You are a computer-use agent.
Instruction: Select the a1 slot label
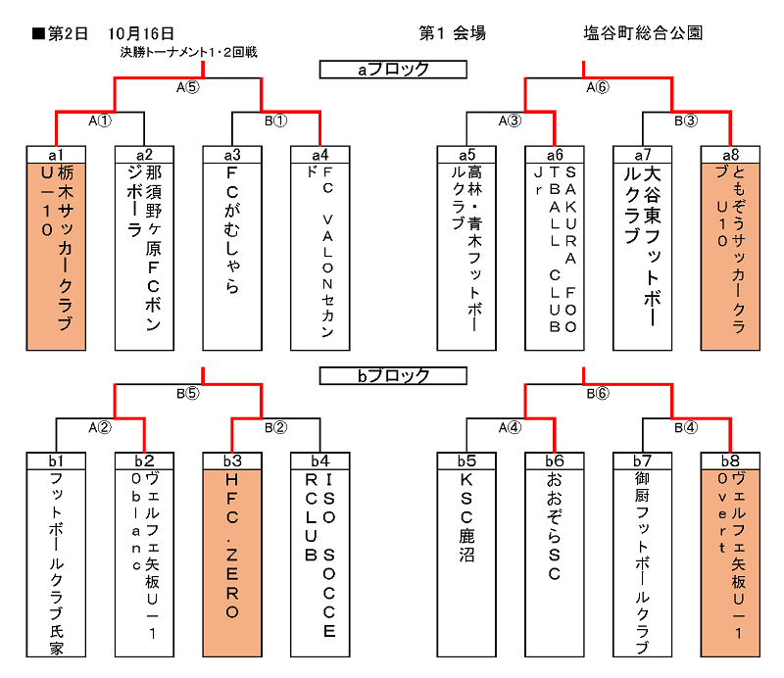pyautogui.click(x=56, y=154)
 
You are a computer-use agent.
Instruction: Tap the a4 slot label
pyautogui.click(x=320, y=154)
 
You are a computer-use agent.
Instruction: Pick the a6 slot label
pyautogui.click(x=555, y=154)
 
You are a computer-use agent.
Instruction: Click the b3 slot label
pyautogui.click(x=232, y=460)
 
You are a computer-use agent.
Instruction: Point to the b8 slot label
pyautogui.click(x=730, y=460)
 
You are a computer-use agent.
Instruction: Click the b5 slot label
pyautogui.click(x=466, y=460)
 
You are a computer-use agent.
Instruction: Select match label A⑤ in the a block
pyautogui.click(x=188, y=87)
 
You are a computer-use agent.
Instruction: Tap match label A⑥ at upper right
pyautogui.click(x=598, y=87)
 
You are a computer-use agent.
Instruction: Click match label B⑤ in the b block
pyautogui.click(x=188, y=394)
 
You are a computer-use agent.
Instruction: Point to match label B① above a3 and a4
pyautogui.click(x=276, y=121)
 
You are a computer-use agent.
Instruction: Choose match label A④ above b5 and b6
pyautogui.click(x=510, y=428)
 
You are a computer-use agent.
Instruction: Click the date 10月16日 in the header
pyautogui.click(x=144, y=33)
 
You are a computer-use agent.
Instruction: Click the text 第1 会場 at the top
pyautogui.click(x=452, y=33)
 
